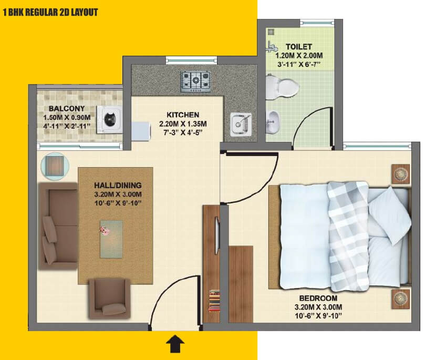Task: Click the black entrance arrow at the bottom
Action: pyautogui.click(x=175, y=345)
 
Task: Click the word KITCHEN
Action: pyautogui.click(x=183, y=115)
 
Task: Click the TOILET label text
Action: pyautogui.click(x=299, y=47)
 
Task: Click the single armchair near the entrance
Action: pyautogui.click(x=109, y=298)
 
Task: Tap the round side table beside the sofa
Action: pyautogui.click(x=54, y=166)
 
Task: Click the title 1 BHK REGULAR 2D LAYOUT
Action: pyautogui.click(x=50, y=12)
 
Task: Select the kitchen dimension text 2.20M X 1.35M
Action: pyautogui.click(x=183, y=124)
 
